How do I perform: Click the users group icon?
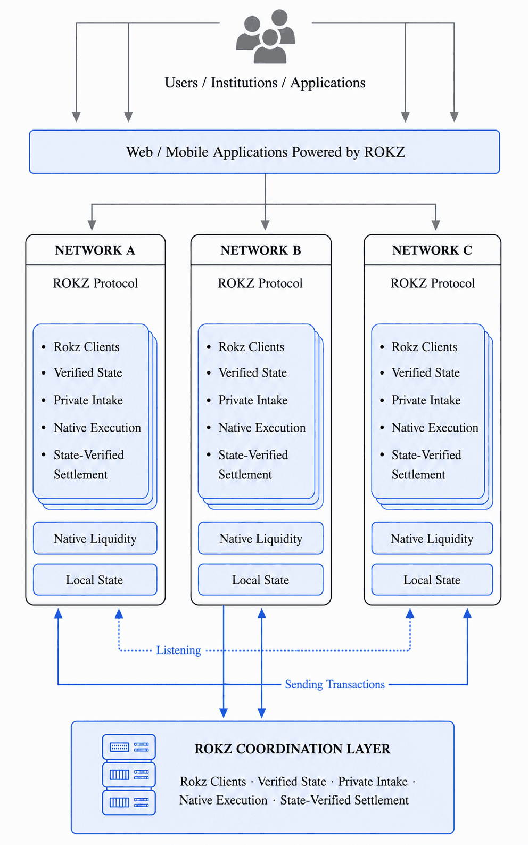click(266, 36)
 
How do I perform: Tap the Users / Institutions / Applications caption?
click(265, 83)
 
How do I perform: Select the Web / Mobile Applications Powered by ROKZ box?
click(265, 152)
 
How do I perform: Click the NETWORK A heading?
click(95, 250)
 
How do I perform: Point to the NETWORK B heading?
click(261, 250)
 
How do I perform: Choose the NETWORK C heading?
click(432, 250)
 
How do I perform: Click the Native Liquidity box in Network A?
click(95, 538)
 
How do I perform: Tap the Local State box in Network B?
click(261, 580)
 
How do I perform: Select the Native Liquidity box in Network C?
click(432, 538)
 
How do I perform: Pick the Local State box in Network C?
click(432, 580)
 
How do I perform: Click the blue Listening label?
click(179, 651)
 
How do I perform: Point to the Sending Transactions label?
click(335, 684)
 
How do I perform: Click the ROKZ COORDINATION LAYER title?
click(292, 749)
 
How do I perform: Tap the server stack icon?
click(129, 775)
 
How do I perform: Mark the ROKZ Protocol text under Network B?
click(260, 283)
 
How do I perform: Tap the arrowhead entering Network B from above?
click(265, 225)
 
